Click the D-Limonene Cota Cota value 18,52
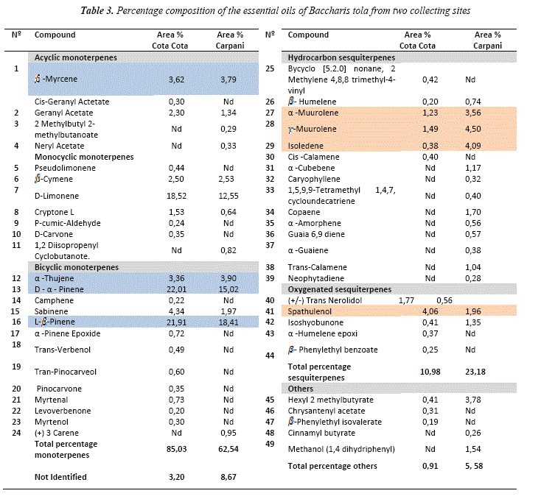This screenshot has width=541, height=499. point(176,196)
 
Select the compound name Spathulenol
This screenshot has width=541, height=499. point(310,311)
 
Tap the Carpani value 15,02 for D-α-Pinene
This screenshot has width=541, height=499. point(228,289)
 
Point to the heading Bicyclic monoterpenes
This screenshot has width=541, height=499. point(76,267)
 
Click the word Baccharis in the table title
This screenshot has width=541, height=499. point(329,11)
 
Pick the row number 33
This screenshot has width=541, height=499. point(270,190)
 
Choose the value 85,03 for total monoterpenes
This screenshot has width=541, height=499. point(176,450)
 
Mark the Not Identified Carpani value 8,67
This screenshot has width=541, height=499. point(228,478)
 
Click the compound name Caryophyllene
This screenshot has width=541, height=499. point(314,179)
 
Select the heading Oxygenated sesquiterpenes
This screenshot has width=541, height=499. point(340,289)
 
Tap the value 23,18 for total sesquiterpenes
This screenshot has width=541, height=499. point(475,372)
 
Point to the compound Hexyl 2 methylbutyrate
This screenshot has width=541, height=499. point(330,400)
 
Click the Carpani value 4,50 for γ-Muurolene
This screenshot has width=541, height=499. point(472,130)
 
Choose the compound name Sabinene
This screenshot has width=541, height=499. point(51,311)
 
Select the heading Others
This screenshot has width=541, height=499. point(301,389)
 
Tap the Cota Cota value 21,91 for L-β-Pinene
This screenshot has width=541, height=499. point(176,322)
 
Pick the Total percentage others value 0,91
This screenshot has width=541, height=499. point(430,467)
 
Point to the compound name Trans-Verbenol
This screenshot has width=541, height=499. point(63,350)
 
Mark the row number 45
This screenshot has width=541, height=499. point(270,400)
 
